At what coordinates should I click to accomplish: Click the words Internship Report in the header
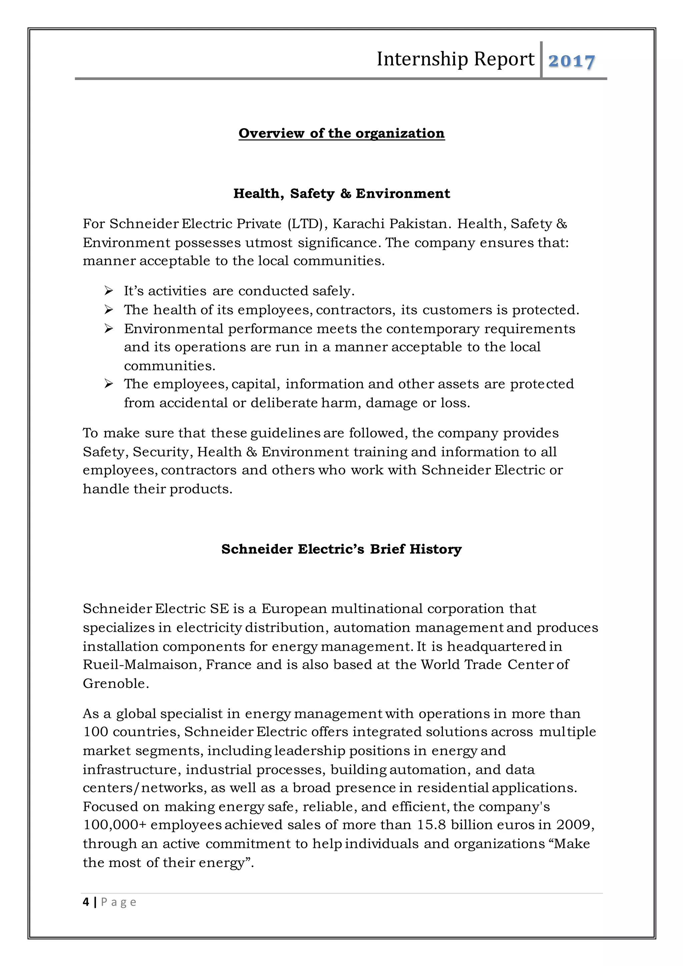456,59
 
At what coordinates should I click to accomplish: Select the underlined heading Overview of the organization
341,133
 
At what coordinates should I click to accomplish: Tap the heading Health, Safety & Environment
341,193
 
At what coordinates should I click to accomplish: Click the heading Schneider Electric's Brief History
341,549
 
